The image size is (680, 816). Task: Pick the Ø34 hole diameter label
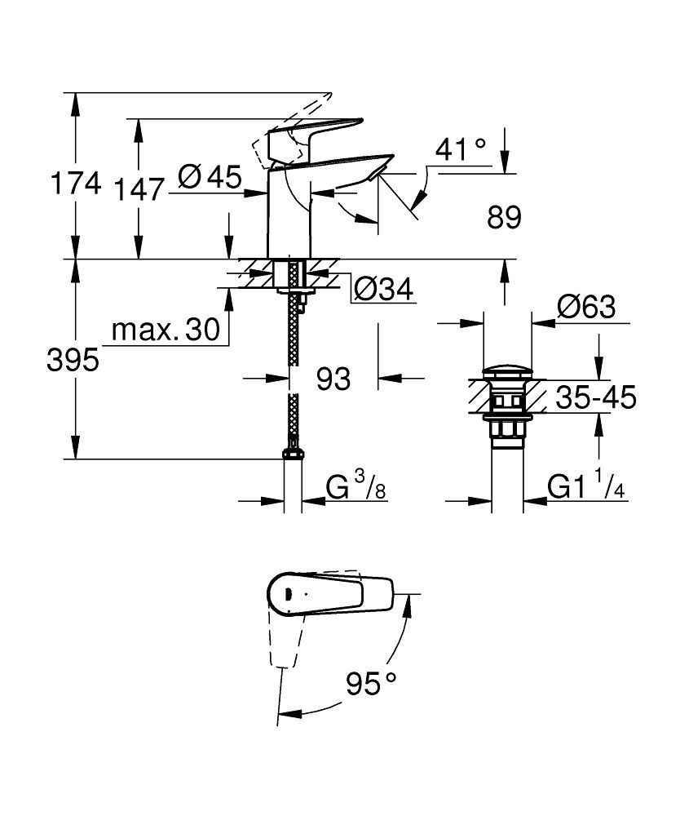click(x=384, y=289)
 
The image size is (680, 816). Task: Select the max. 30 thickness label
click(x=166, y=330)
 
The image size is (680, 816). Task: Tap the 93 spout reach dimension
click(x=333, y=378)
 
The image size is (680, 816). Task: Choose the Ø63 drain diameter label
click(x=585, y=308)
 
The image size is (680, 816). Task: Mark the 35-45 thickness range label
click(x=594, y=397)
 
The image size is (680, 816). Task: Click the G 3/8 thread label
click(x=356, y=487)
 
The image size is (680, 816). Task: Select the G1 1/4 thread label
click(x=585, y=487)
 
